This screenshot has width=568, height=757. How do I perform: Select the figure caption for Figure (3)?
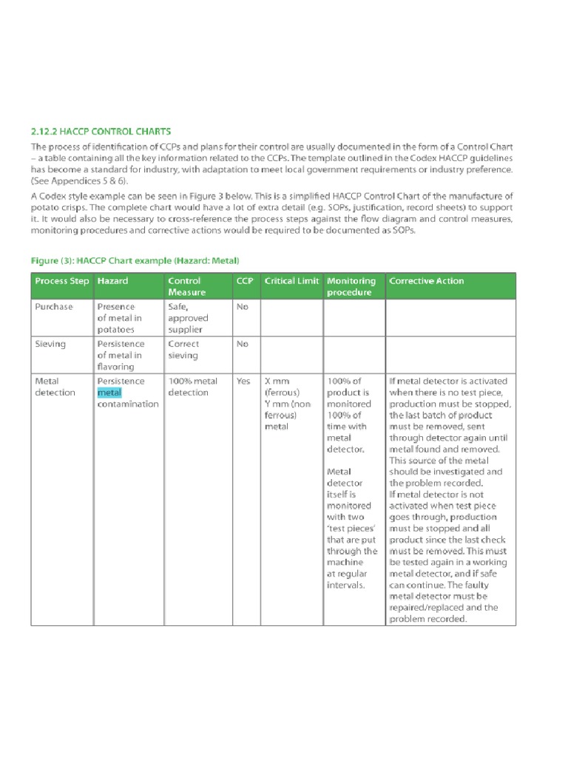(135, 261)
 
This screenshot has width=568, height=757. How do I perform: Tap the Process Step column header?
(62, 281)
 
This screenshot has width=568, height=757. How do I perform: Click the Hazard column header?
(112, 281)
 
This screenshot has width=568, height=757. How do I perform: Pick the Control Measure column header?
(186, 286)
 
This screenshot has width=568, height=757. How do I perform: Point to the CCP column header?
(244, 281)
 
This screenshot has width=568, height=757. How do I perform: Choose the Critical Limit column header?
(291, 281)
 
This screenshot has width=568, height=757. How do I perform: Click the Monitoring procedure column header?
(351, 286)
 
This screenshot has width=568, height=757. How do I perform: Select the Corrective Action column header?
(427, 281)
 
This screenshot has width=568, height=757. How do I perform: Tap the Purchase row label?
(54, 307)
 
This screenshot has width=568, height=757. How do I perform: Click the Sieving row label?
(50, 344)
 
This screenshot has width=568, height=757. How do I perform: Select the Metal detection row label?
(55, 387)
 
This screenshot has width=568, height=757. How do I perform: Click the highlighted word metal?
(109, 393)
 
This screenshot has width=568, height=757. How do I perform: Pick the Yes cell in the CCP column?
(243, 381)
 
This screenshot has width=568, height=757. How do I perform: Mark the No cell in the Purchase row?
(242, 307)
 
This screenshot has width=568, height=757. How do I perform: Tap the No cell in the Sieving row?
(242, 344)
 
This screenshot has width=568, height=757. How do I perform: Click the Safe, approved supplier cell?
(188, 318)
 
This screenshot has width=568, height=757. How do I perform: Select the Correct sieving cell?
(183, 350)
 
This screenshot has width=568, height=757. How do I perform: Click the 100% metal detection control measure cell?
(192, 387)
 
